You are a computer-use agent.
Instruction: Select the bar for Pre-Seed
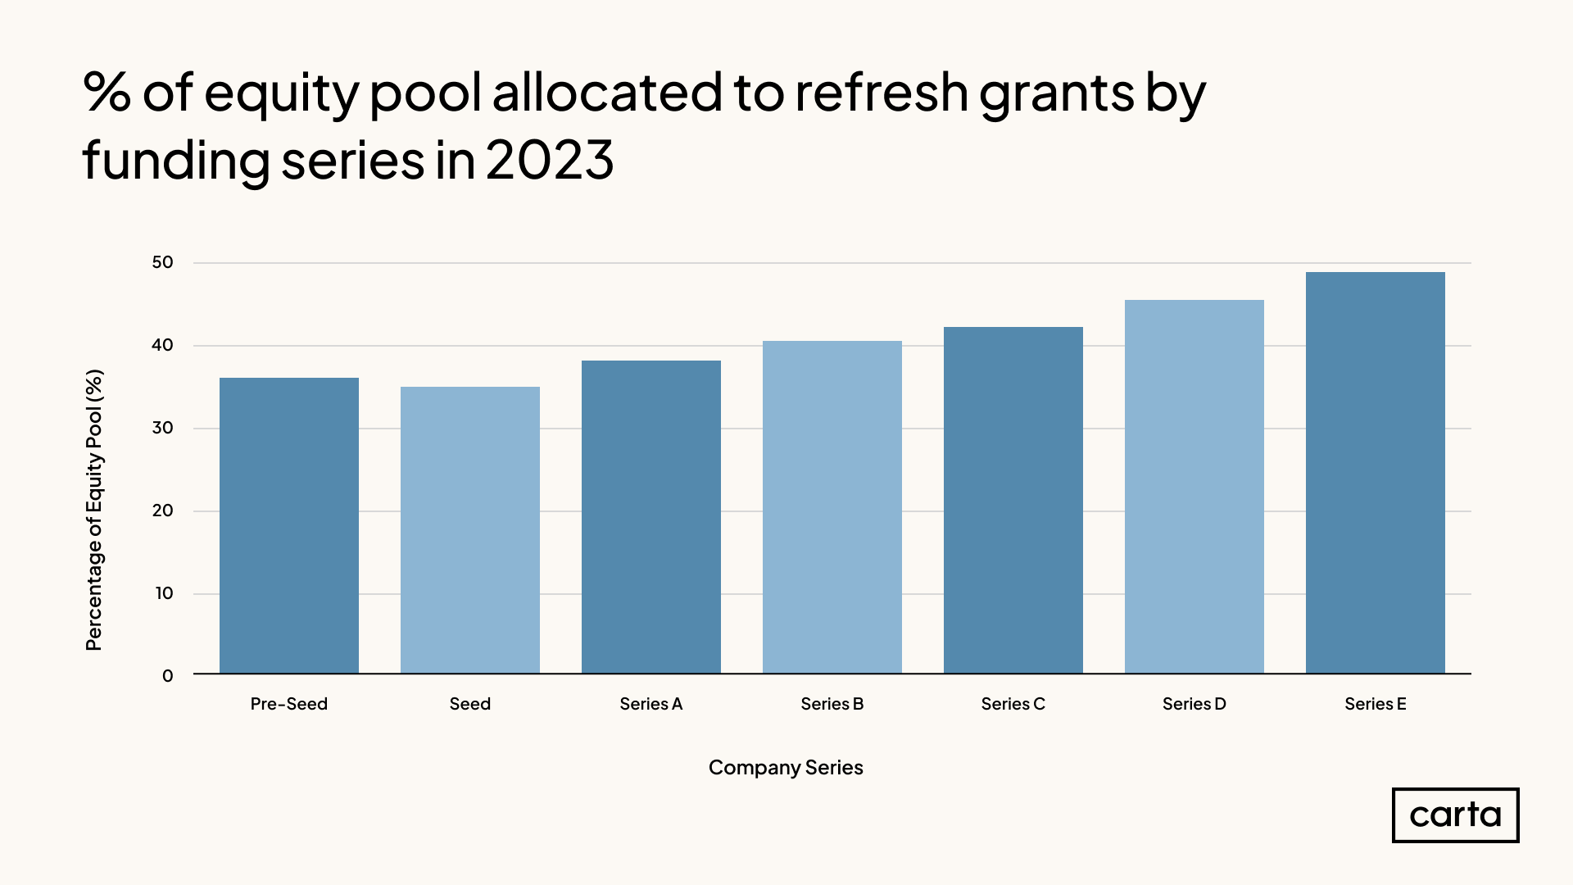[288, 525]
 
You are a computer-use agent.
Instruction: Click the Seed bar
[469, 530]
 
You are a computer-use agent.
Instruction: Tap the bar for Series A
[651, 517]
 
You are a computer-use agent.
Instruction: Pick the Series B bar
[832, 507]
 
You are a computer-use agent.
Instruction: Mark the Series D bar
[1194, 487]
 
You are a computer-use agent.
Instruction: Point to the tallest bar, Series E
[1375, 473]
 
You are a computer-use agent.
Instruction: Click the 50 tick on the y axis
[162, 262]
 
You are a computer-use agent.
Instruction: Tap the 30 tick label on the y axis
[162, 428]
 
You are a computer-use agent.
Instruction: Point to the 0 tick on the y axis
[167, 676]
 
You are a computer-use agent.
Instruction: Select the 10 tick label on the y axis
[164, 593]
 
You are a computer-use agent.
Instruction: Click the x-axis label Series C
[1013, 704]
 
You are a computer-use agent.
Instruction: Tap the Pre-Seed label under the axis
[288, 704]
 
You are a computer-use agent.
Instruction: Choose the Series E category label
[1375, 704]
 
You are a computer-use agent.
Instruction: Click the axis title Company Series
[785, 768]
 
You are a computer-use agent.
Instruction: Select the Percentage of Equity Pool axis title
[94, 510]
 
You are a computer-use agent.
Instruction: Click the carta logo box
[1455, 815]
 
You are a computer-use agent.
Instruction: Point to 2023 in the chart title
[549, 160]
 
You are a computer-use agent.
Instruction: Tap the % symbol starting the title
[107, 92]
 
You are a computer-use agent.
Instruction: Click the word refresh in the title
[882, 92]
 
